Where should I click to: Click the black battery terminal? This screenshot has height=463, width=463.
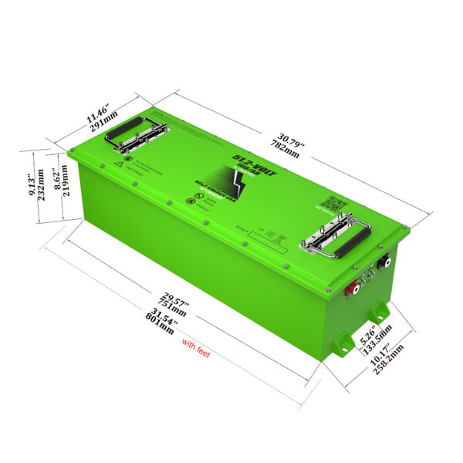coord(384,262)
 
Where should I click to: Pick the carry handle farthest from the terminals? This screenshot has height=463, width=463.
coord(135,133)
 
